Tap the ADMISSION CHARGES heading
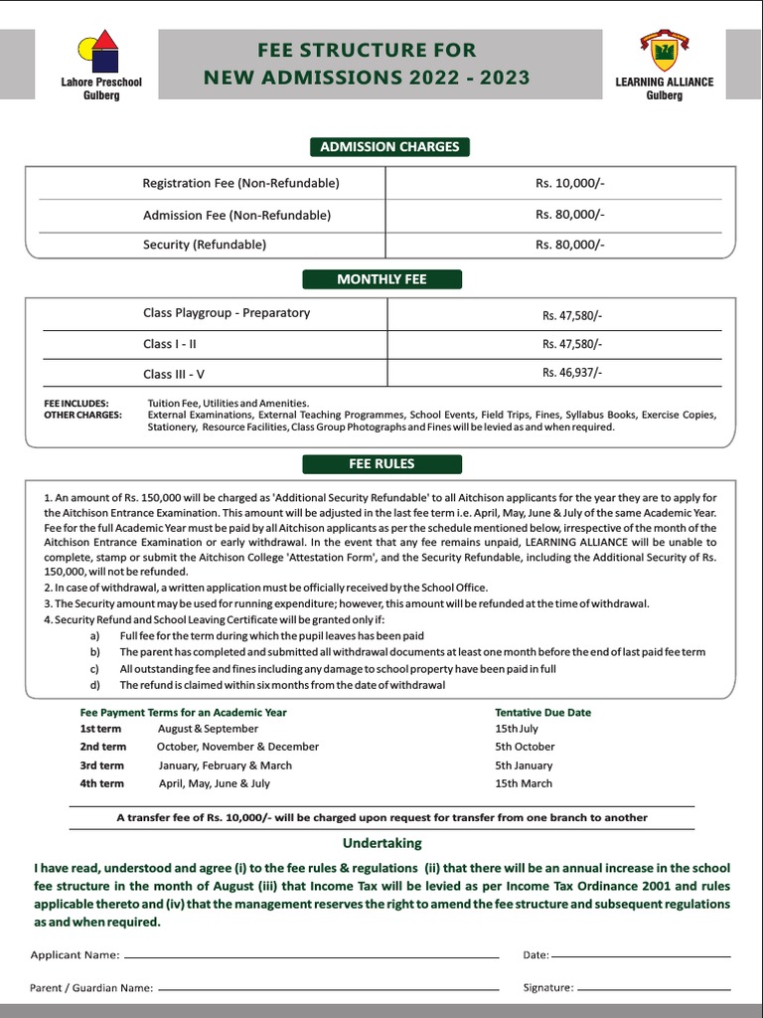click(x=389, y=147)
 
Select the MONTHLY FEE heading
click(x=381, y=279)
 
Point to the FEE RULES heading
click(x=381, y=464)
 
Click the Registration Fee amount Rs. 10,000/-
click(x=569, y=184)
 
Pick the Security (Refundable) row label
click(x=205, y=245)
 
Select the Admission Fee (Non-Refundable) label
click(x=236, y=215)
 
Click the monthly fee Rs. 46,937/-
click(x=571, y=373)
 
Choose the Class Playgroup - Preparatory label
click(x=227, y=313)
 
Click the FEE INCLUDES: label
click(x=76, y=403)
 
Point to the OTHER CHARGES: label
click(x=82, y=415)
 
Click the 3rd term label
click(x=102, y=765)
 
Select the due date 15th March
click(x=524, y=783)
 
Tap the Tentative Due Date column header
click(x=542, y=713)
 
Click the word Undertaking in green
click(x=381, y=843)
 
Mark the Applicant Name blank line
click(x=311, y=956)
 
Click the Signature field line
click(x=654, y=989)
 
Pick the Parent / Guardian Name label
click(x=91, y=988)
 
